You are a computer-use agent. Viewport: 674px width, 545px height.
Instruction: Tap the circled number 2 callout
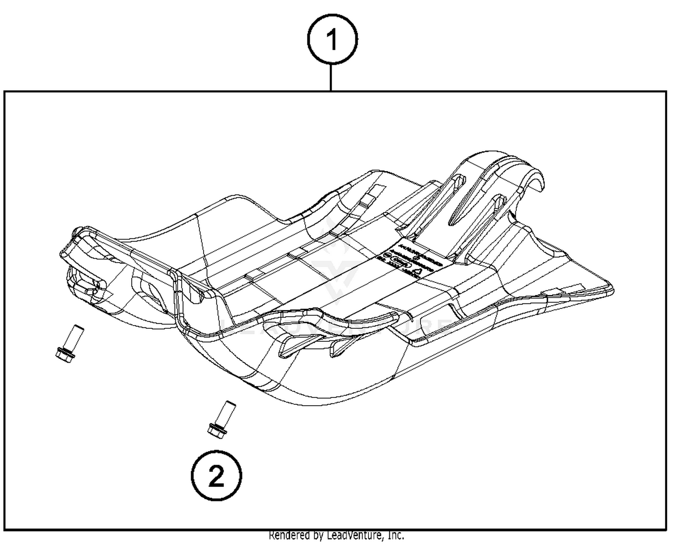coord(216,475)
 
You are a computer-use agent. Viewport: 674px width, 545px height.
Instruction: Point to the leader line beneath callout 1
coord(331,77)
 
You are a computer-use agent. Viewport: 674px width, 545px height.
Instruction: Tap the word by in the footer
coord(319,536)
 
